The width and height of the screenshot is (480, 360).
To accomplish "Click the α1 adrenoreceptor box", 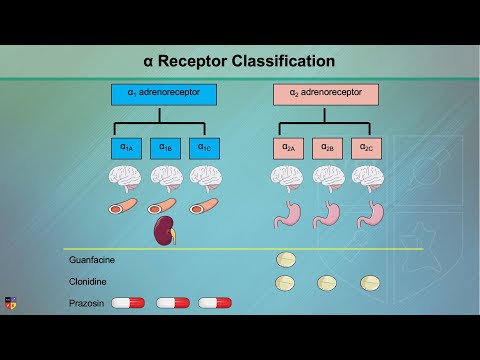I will [164, 95].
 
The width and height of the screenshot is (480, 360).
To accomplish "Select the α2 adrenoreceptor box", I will [325, 95].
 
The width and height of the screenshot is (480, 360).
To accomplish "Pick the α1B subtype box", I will [164, 148].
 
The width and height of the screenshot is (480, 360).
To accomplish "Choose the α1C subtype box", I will [204, 148].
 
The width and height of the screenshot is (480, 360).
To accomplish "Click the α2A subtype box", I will [287, 148].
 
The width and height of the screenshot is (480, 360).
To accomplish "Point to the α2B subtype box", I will [327, 148].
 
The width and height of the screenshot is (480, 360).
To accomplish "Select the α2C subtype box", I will [367, 148].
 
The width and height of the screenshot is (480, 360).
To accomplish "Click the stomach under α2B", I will [327, 213].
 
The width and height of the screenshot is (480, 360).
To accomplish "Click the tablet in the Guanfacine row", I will [287, 260].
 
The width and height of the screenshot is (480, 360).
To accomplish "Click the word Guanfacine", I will [92, 260].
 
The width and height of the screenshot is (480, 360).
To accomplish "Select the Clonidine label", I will [89, 282].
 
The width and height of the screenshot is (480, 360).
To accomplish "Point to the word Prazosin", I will [87, 302].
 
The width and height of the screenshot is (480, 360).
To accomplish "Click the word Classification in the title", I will [275, 61].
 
